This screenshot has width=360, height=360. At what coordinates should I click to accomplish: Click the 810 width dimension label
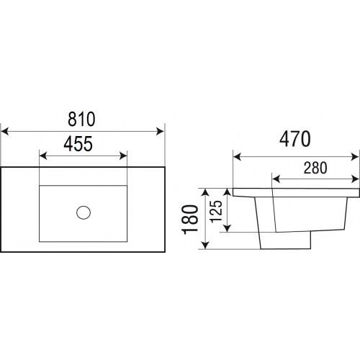point(81,120)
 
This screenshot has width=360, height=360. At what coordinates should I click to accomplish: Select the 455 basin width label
point(78,144)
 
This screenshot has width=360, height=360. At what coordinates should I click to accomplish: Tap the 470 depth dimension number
point(295,139)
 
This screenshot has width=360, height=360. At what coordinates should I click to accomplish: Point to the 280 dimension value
point(315,168)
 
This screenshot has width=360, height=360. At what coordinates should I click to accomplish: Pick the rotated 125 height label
point(216,211)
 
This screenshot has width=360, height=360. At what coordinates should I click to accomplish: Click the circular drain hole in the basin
point(84,212)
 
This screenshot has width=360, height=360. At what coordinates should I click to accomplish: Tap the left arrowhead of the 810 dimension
point(5,132)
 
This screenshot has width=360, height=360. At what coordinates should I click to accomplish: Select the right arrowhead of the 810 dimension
point(160,132)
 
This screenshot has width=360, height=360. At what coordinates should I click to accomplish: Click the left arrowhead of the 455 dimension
point(43,156)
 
